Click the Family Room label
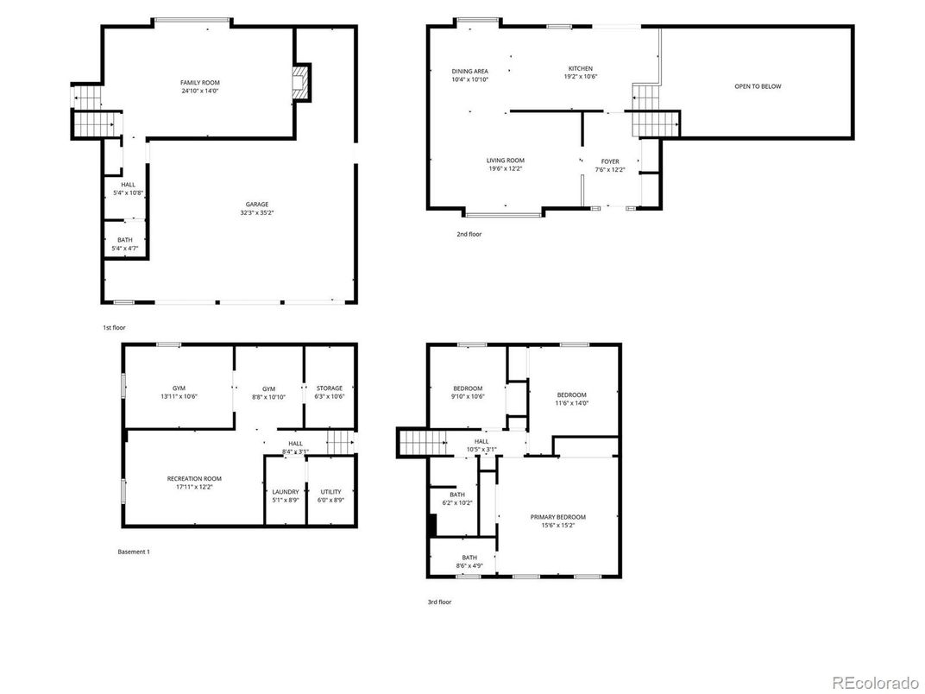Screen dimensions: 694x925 tap(200, 82)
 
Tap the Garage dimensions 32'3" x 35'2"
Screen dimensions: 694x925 tap(256, 212)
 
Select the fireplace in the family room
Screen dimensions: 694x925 tap(300, 84)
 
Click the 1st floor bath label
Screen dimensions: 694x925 tap(125, 240)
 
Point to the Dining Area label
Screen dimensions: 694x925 tap(469, 71)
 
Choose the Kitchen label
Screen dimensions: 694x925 tap(580, 68)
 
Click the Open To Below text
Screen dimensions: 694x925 tap(758, 86)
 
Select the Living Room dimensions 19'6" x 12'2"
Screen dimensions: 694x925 tap(505, 168)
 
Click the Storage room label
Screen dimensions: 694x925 tap(329, 388)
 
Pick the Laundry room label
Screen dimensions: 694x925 tap(285, 492)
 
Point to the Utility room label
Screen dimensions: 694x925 tap(329, 492)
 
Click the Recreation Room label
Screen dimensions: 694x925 tap(194, 478)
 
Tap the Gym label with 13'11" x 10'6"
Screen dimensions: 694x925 tap(179, 388)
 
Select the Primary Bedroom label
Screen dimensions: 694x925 tap(557, 516)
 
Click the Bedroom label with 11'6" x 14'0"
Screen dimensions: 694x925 tap(570, 394)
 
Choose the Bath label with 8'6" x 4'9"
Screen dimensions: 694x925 tap(469, 558)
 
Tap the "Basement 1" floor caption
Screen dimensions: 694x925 tap(133, 552)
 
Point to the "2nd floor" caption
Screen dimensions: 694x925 tap(469, 234)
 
